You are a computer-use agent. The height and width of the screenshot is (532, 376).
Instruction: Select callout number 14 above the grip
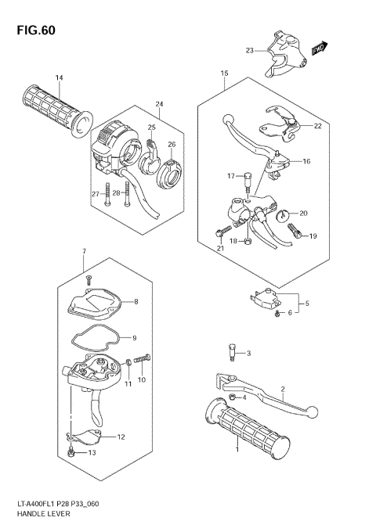coord(58,77)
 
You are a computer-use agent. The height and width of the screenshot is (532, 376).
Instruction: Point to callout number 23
coord(249,50)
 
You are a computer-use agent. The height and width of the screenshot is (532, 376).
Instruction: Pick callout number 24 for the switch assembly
coord(159,104)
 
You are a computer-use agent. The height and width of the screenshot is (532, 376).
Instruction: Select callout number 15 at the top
coord(225,74)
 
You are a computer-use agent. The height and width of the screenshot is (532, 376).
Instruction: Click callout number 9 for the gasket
coord(134,338)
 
